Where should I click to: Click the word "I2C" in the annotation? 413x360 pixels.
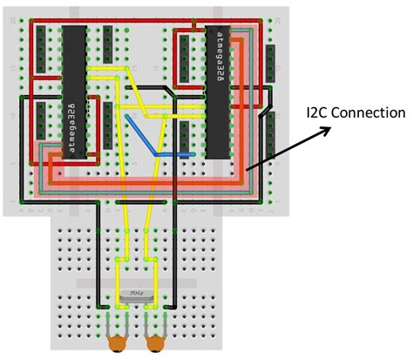click(319, 113)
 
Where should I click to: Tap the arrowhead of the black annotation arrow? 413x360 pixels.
click(329, 129)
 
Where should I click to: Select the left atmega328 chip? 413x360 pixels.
click(74, 92)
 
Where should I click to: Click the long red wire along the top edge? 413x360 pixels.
click(148, 21)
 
